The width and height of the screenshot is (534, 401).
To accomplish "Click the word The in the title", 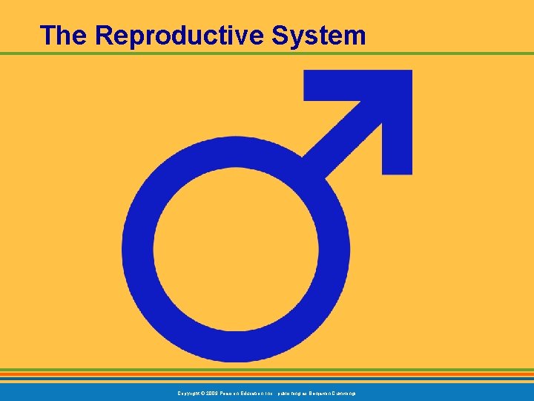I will [64, 35].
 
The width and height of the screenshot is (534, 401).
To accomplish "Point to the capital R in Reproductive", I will [104, 35].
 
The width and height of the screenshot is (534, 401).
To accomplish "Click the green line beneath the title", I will [267, 53].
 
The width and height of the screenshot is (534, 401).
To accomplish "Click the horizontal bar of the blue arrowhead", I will [349, 85].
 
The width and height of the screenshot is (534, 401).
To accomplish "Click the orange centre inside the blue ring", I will [236, 249].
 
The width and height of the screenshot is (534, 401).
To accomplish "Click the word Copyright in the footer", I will [188, 391].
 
